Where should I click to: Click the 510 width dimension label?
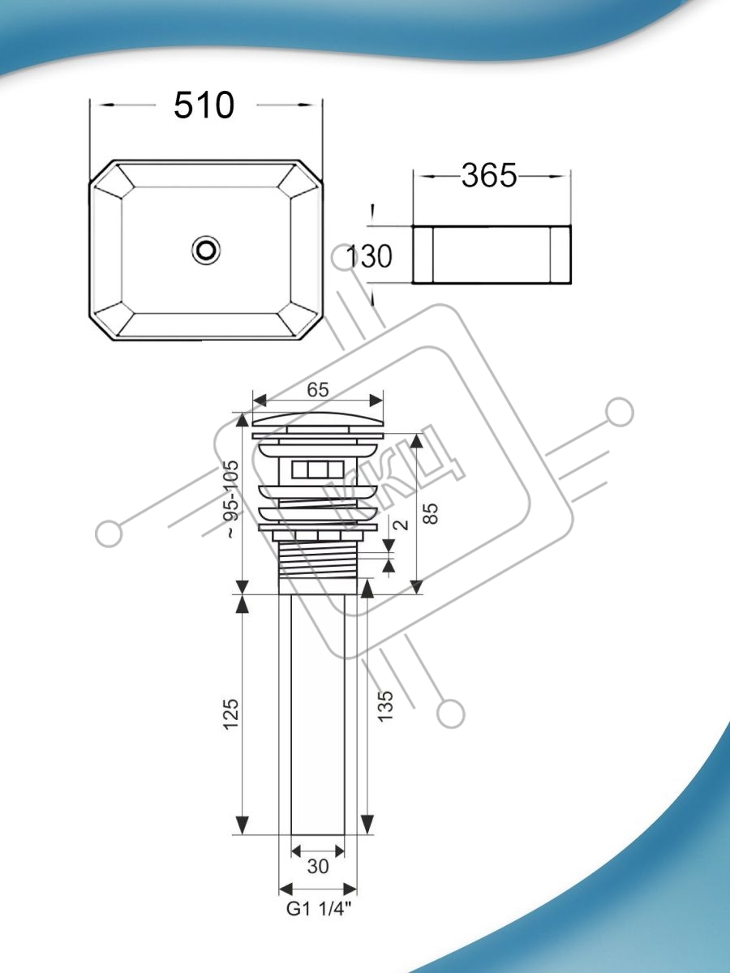point(204,105)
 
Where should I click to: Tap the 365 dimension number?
point(489,175)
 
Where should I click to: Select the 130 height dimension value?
point(369,256)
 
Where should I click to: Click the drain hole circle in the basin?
point(206,250)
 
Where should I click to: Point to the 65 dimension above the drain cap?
point(318,390)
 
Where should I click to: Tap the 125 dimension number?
point(232,714)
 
